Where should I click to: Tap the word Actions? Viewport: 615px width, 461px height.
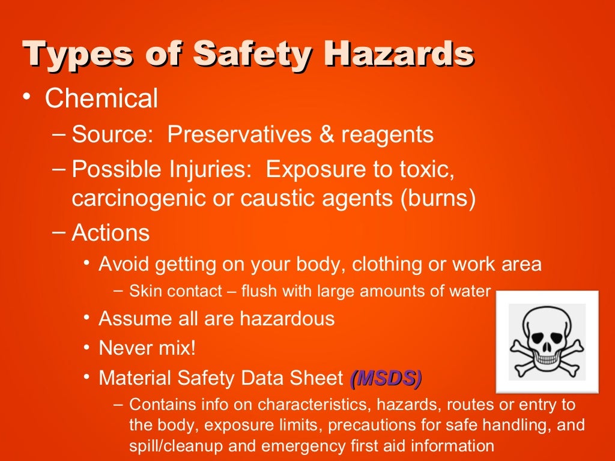tap(111, 232)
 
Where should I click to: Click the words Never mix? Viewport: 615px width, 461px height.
tap(147, 348)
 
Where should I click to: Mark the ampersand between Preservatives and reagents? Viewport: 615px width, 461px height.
tap(327, 135)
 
